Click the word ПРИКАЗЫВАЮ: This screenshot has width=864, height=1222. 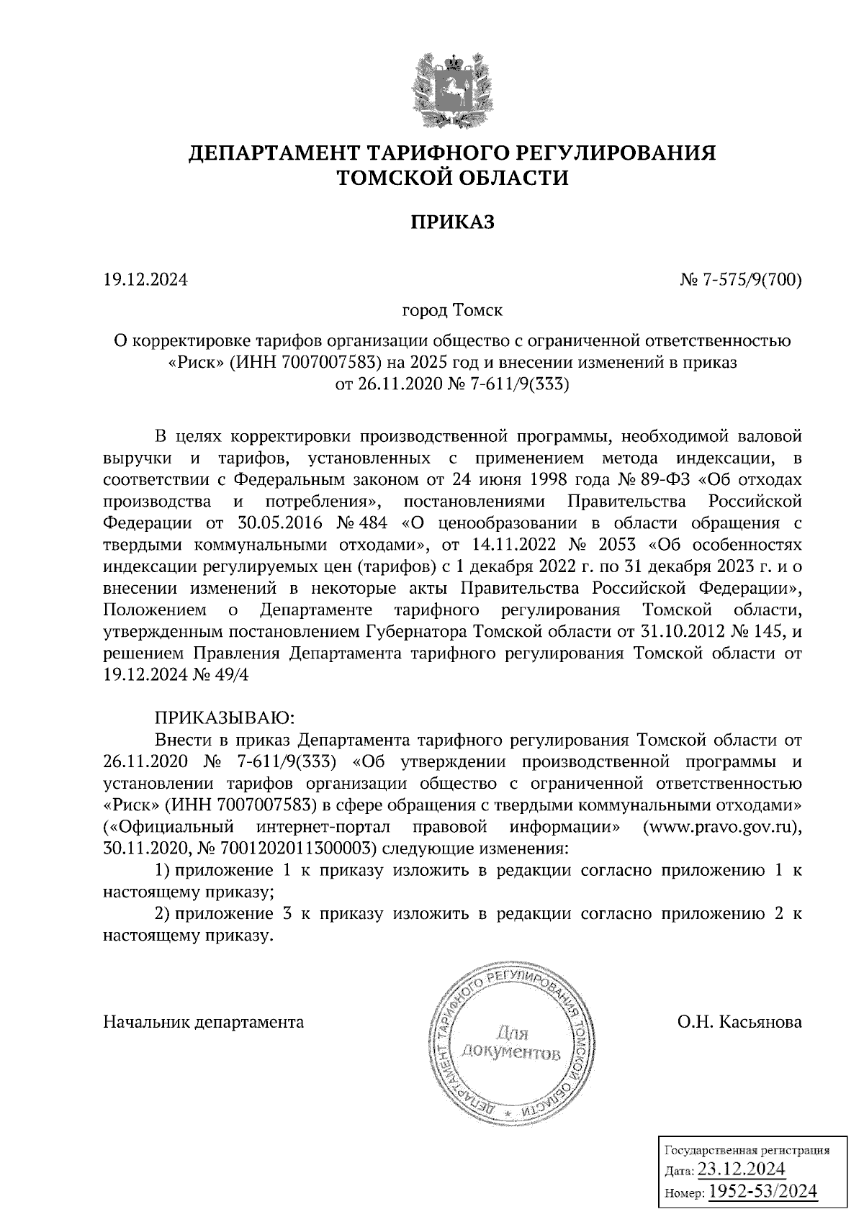pyautogui.click(x=222, y=718)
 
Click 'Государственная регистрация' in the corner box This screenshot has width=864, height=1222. pyautogui.click(x=744, y=1149)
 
